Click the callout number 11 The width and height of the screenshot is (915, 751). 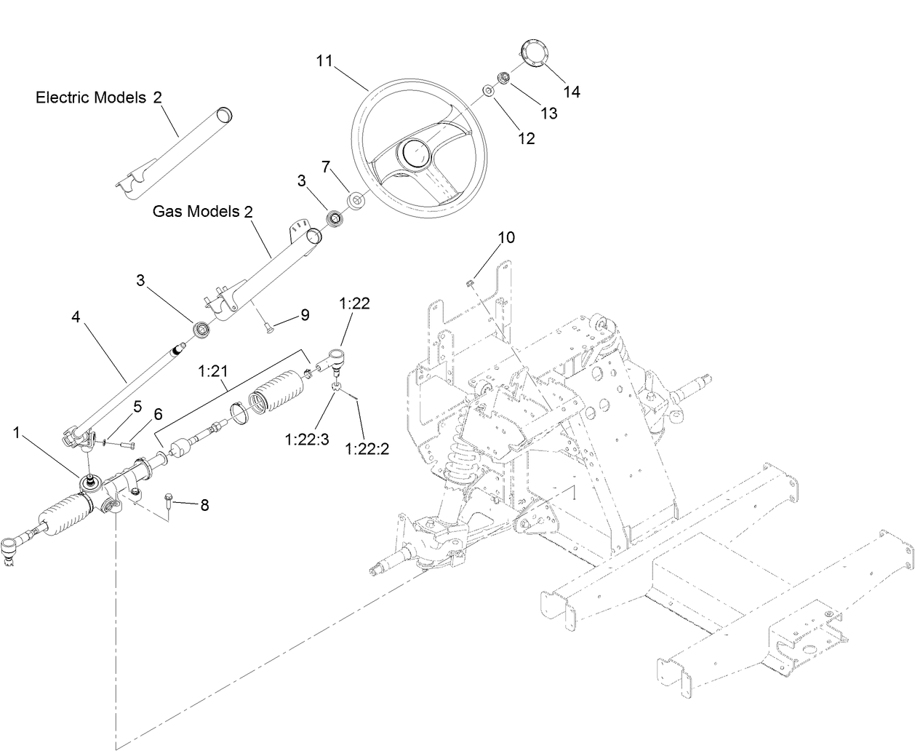coord(324,60)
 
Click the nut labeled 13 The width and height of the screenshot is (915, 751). coord(503,77)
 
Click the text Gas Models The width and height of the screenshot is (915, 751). coord(196,212)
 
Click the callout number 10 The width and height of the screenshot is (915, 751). coord(506,237)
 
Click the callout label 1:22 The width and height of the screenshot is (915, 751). coord(354,303)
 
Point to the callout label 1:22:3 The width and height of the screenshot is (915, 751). coord(307,440)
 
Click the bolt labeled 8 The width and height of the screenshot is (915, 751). coord(168,499)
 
